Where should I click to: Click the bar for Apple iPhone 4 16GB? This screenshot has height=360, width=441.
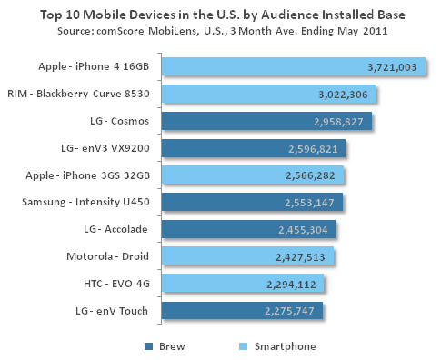(x=291, y=66)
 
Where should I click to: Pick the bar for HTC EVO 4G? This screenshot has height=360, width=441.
(x=241, y=285)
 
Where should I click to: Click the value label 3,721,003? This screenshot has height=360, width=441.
(x=392, y=67)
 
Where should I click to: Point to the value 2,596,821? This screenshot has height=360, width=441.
(x=317, y=149)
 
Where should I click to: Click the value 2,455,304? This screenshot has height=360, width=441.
(x=306, y=231)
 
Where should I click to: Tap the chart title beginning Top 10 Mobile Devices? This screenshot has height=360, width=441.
(x=220, y=15)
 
